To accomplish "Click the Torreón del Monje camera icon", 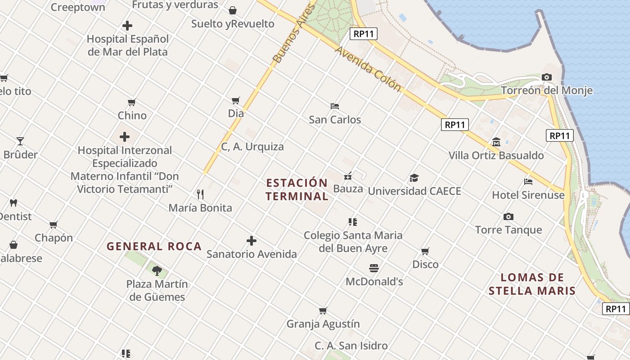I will tap(547, 77).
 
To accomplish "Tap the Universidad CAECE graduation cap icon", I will tap(414, 178).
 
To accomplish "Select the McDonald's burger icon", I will tap(374, 268).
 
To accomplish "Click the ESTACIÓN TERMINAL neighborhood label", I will tap(297, 189).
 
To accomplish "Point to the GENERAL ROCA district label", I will tap(154, 247).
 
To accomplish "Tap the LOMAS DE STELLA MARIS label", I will tap(532, 284).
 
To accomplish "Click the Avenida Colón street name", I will tap(368, 69).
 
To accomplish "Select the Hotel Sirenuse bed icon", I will tap(528, 182).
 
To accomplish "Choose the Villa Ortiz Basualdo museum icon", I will tap(496, 142).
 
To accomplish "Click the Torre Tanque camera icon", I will tap(508, 217).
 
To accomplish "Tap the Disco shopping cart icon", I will tap(425, 251).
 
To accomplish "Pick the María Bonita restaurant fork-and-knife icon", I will tap(200, 194).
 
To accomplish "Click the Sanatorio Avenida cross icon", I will tap(252, 241).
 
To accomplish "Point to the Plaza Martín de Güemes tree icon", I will tap(157, 270).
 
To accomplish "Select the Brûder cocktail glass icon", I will tap(20, 141).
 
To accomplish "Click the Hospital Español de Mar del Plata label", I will tap(127, 45).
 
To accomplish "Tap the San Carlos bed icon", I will tap(335, 107).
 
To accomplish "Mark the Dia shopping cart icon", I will tap(236, 100).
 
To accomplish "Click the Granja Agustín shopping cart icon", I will tap(323, 311).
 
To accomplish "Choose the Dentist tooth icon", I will tap(13, 203).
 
